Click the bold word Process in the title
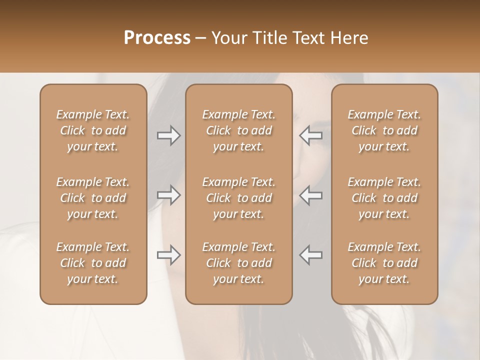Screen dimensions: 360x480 click(x=157, y=38)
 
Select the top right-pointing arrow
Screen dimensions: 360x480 click(x=168, y=135)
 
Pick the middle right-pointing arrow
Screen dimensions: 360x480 click(x=168, y=195)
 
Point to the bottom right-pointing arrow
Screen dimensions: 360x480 click(x=168, y=255)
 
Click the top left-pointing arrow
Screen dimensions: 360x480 click(x=311, y=135)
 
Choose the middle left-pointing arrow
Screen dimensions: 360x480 click(x=311, y=195)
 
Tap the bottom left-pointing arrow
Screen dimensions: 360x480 click(x=311, y=255)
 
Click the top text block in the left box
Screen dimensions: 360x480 click(x=93, y=130)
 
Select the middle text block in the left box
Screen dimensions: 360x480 click(x=93, y=198)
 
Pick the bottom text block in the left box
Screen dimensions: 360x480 click(x=93, y=263)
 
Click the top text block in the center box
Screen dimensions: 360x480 click(x=239, y=130)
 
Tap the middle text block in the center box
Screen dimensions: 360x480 click(x=239, y=198)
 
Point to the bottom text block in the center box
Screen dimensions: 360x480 click(x=239, y=263)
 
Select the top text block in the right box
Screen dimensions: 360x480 click(x=384, y=130)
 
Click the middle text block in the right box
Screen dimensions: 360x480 click(x=384, y=198)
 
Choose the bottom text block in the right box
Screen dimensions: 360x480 click(x=384, y=263)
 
